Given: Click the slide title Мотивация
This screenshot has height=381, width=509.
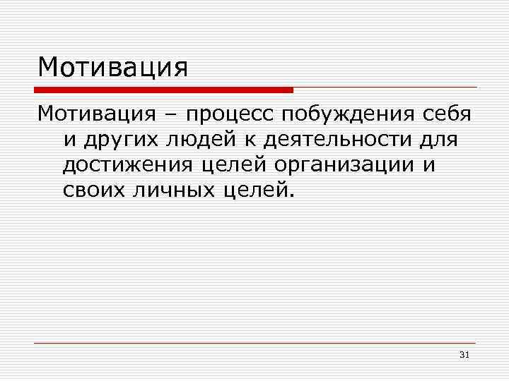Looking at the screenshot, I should [113, 68].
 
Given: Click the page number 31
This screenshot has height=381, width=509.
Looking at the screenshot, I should [464, 354].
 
